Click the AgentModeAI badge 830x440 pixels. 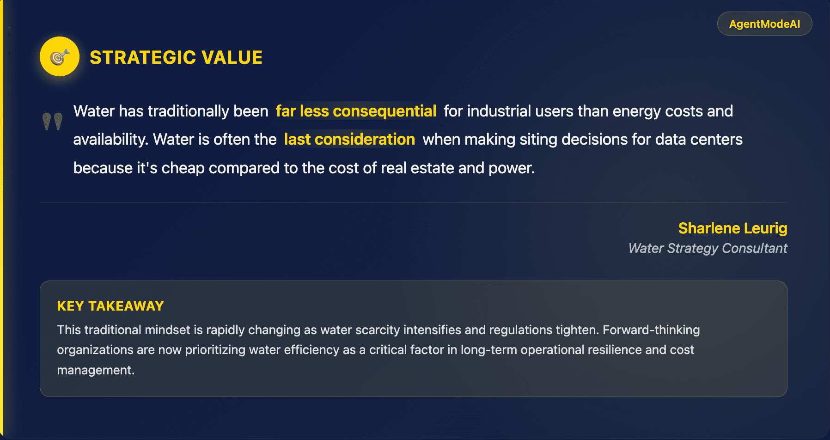click(764, 24)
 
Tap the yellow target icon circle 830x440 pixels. click(60, 56)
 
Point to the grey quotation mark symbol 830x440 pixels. click(53, 121)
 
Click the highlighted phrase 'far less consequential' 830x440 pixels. click(356, 111)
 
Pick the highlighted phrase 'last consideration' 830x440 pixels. click(349, 140)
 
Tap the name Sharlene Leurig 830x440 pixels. click(732, 228)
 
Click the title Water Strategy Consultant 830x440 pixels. click(708, 248)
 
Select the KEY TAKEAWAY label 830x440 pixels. click(110, 306)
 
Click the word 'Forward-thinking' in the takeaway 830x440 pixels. click(651, 330)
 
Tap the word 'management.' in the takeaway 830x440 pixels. click(96, 370)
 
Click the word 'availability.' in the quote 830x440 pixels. click(111, 140)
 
